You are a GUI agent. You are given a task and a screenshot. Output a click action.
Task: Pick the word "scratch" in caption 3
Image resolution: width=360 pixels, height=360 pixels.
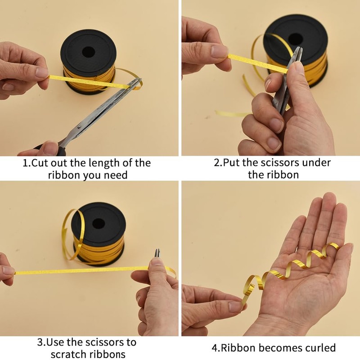[x=70, y=354]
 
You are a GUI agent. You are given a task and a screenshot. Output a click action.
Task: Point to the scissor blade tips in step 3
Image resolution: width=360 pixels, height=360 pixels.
[x=157, y=252]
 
